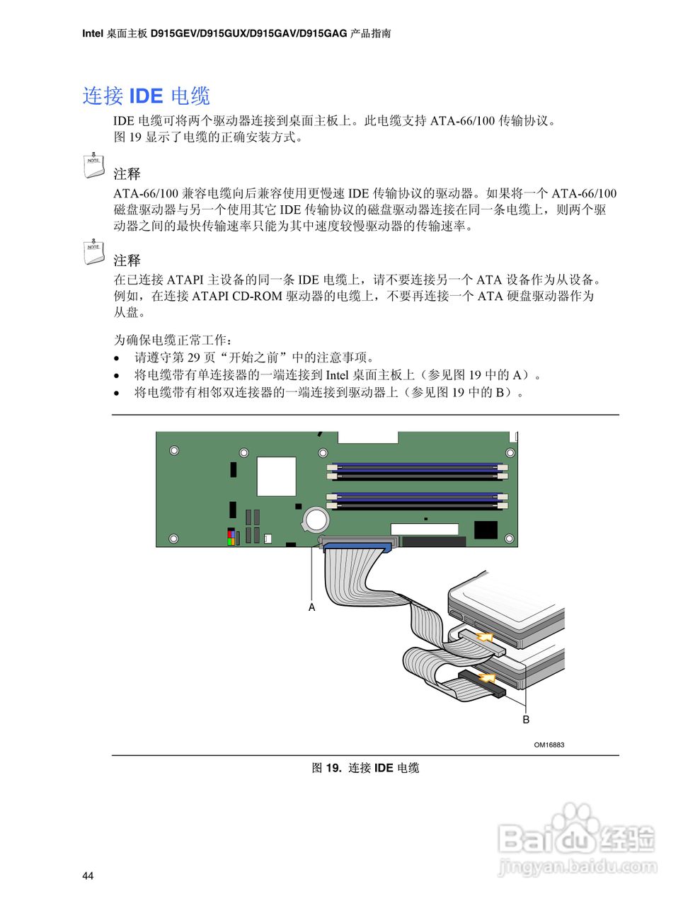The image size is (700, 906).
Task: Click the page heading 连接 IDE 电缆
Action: (x=147, y=96)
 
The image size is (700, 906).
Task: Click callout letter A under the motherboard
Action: (x=311, y=607)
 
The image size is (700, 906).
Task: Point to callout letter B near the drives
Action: (x=526, y=719)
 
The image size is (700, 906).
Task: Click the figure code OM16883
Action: (x=549, y=745)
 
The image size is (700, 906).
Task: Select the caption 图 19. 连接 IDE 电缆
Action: (x=365, y=768)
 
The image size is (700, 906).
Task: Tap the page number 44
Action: (x=88, y=876)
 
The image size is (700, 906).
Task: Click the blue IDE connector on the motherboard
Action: (x=357, y=546)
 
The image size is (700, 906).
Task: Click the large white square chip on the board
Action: (x=276, y=476)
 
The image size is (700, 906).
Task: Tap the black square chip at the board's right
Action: (x=486, y=530)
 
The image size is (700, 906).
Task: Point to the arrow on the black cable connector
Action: (x=486, y=679)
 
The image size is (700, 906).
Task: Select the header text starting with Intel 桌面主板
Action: (x=236, y=33)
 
